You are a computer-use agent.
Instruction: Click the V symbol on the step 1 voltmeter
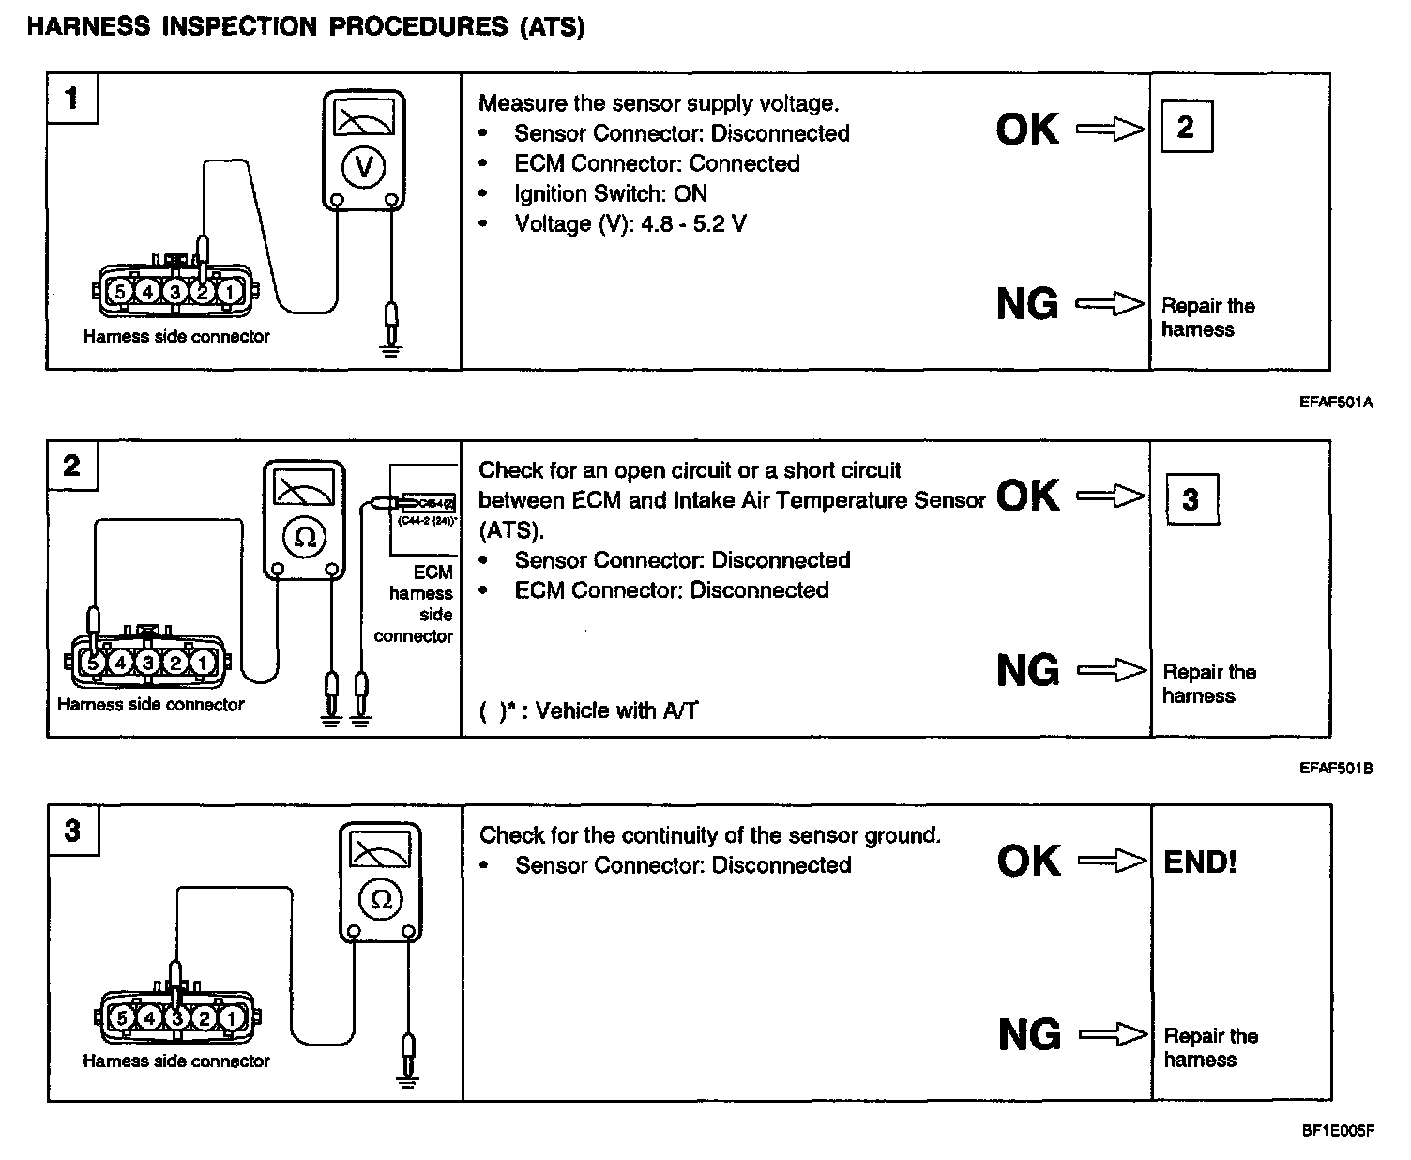tap(364, 167)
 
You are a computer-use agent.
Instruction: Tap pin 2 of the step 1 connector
tap(202, 291)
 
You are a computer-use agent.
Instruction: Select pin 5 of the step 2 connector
tap(92, 663)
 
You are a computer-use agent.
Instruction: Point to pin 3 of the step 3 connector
tap(176, 1017)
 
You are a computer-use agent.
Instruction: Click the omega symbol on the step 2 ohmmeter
tap(305, 537)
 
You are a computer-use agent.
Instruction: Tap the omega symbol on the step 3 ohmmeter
tap(381, 899)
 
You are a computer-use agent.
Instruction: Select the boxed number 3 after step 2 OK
tap(1191, 498)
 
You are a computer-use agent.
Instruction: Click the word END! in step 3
tap(1200, 862)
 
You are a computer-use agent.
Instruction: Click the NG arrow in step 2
tap(1112, 670)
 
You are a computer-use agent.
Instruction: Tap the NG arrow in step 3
tap(1114, 1034)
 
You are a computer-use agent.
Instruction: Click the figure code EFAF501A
tap(1336, 403)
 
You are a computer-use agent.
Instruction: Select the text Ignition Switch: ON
tap(611, 193)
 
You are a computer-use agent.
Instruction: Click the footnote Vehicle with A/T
tap(616, 710)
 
